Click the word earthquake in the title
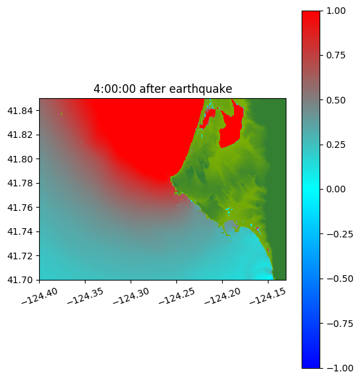[201, 89]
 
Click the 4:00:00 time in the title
[115, 89]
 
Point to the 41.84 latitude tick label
[20, 111]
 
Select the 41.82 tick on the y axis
[20, 135]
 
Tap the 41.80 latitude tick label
[20, 159]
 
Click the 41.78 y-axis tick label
[20, 183]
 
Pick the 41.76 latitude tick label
[20, 208]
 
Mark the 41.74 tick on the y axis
[20, 231]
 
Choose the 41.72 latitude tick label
[20, 256]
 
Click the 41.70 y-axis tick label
[20, 280]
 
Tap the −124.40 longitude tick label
[40, 296]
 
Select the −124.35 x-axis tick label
[86, 296]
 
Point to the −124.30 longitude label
[131, 296]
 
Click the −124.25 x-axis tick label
[176, 296]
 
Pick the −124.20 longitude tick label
[222, 296]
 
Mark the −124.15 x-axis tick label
[268, 296]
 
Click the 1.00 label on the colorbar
[335, 11]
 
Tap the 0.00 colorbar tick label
[335, 189]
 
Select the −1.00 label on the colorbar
[339, 368]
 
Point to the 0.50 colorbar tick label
[335, 100]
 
